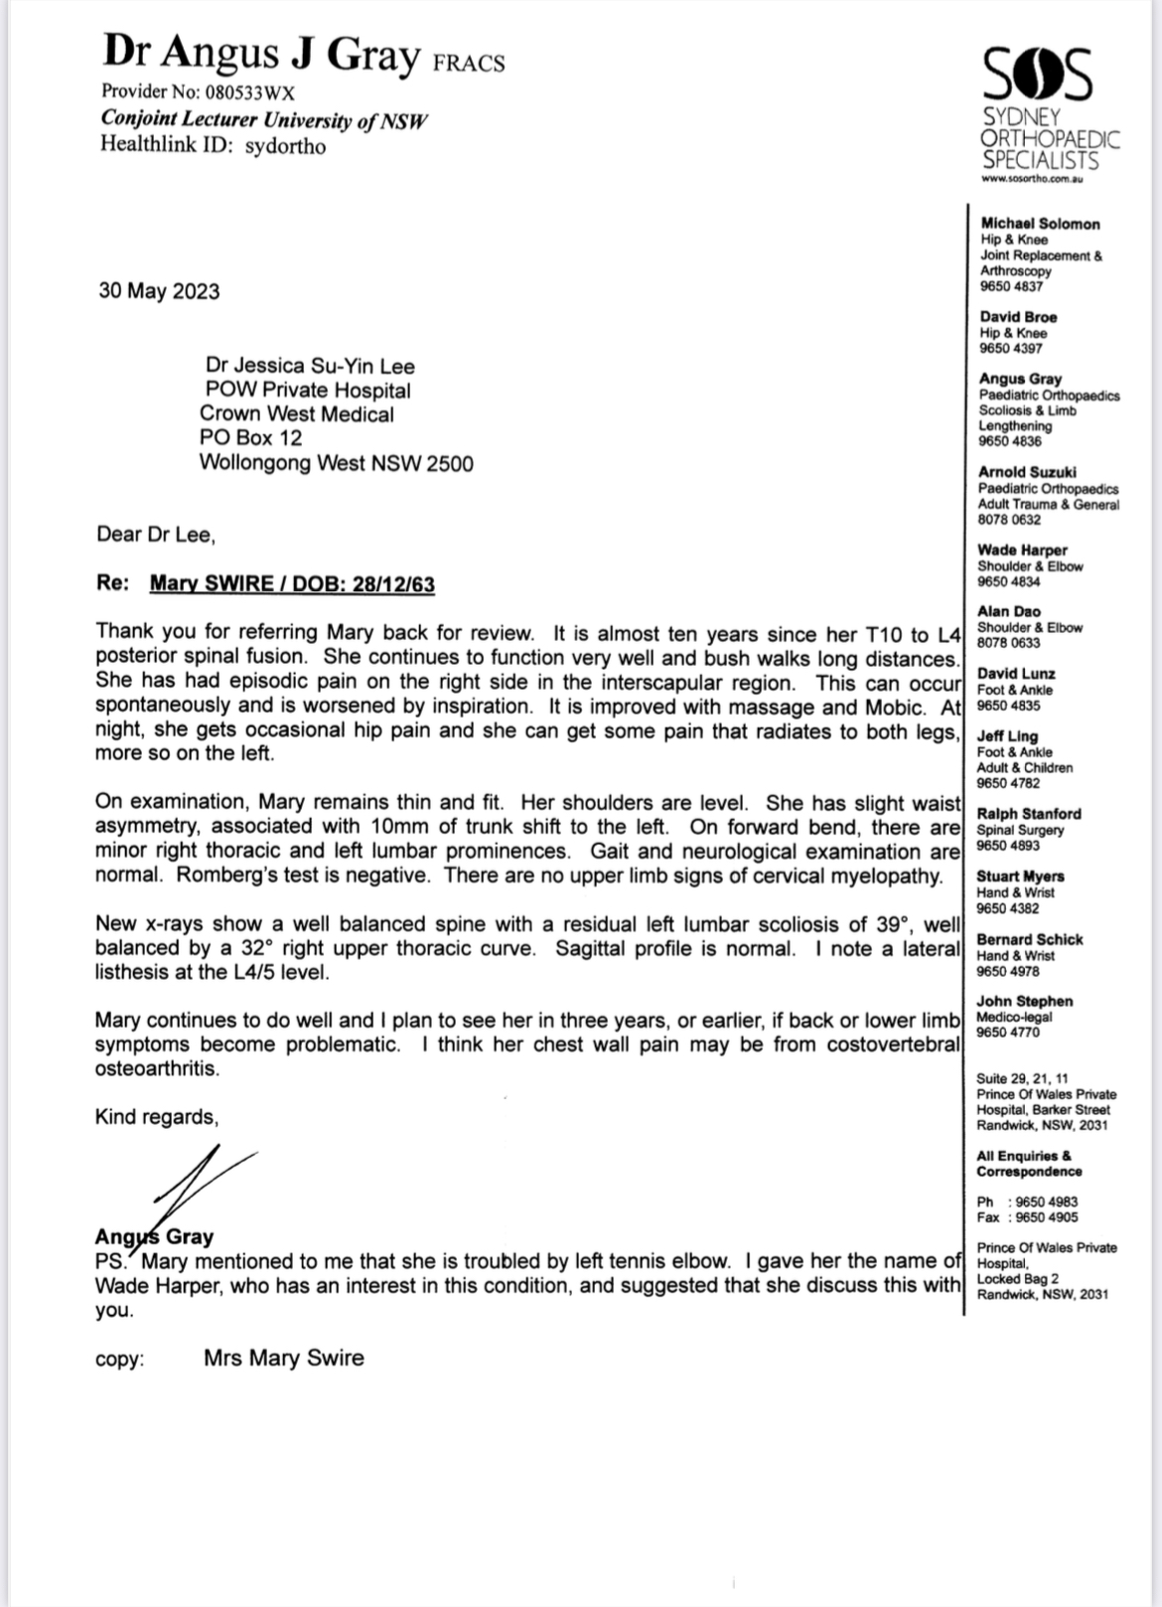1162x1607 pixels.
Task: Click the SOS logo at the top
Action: click(1038, 75)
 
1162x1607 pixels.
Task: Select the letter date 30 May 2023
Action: click(159, 291)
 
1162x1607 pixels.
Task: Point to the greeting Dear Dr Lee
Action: click(155, 535)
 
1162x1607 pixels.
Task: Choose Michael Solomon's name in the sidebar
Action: click(1040, 225)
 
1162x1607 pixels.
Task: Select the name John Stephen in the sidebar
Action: click(1024, 1002)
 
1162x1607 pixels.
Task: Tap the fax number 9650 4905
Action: click(1047, 1217)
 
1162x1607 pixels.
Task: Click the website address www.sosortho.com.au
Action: click(1031, 179)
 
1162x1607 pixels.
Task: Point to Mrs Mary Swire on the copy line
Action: click(284, 1358)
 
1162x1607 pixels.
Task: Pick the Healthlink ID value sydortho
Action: click(285, 146)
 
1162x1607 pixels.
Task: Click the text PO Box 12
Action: click(250, 438)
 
